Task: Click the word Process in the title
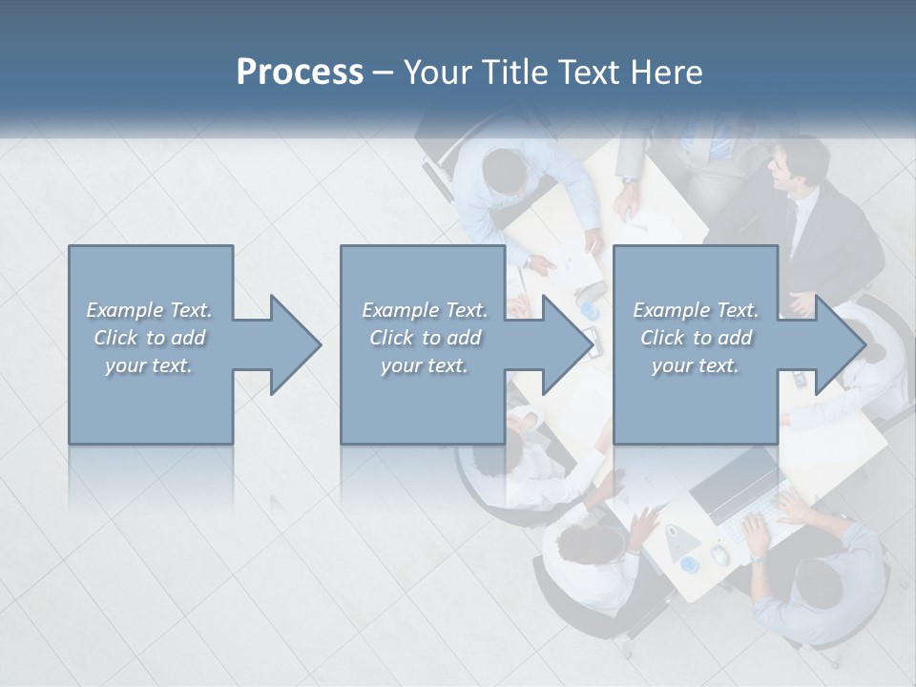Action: [x=300, y=73]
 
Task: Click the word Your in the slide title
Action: [x=441, y=73]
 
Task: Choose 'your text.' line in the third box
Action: [x=695, y=365]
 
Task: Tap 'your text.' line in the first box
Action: [x=149, y=365]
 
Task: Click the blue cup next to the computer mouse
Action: [x=689, y=565]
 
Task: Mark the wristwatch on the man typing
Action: [x=757, y=558]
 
